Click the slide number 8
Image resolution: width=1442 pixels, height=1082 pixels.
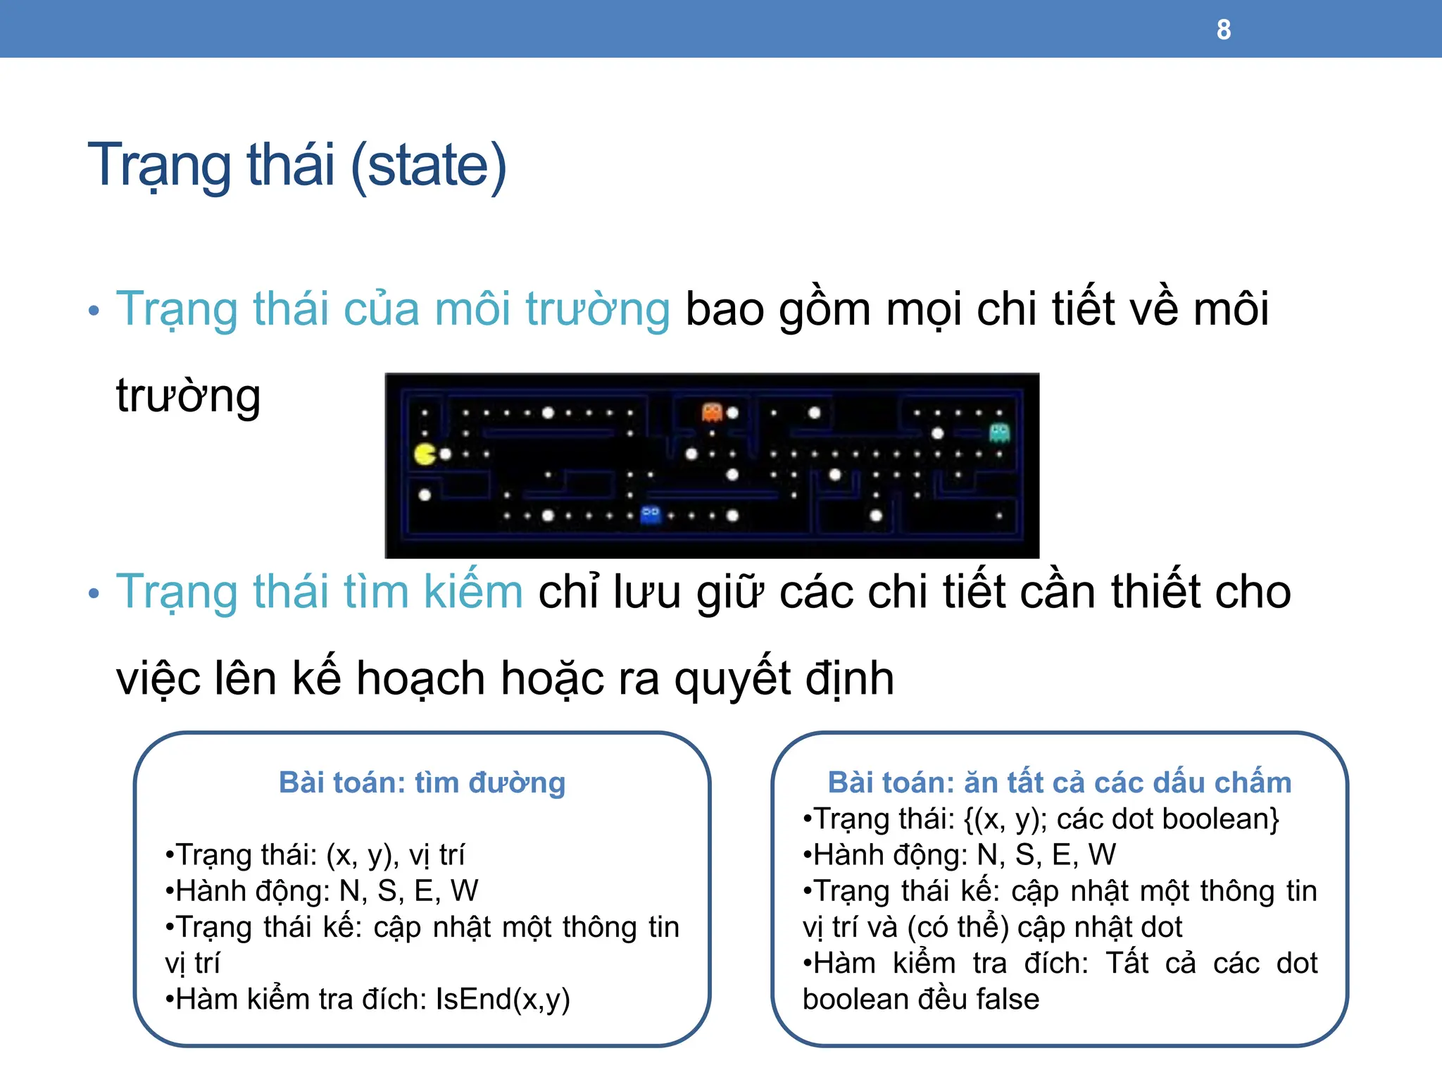pyautogui.click(x=1224, y=30)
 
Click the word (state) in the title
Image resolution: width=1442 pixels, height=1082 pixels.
pyautogui.click(x=428, y=166)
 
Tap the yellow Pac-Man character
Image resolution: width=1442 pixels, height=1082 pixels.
pyautogui.click(x=425, y=454)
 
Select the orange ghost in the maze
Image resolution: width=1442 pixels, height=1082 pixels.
pyautogui.click(x=712, y=411)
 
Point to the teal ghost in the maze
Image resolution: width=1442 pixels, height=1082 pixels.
pyautogui.click(x=999, y=432)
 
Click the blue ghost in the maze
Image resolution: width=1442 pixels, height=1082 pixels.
pyautogui.click(x=651, y=515)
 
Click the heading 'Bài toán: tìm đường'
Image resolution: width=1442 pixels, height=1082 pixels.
pyautogui.click(x=422, y=783)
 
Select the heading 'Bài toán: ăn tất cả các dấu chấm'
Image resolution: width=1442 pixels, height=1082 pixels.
pyautogui.click(x=1059, y=783)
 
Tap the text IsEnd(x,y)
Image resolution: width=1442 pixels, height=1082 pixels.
pyautogui.click(x=503, y=999)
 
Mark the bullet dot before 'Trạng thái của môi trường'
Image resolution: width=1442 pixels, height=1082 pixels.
pyautogui.click(x=94, y=311)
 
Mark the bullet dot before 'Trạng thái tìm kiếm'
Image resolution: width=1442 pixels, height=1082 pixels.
pyautogui.click(x=94, y=593)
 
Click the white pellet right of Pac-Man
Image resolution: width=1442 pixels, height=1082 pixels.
pyautogui.click(x=445, y=454)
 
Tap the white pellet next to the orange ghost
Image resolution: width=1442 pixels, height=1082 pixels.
pyautogui.click(x=732, y=413)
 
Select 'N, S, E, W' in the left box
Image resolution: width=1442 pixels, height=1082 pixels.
pyautogui.click(x=408, y=891)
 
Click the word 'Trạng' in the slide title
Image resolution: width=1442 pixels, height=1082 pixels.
pyautogui.click(x=159, y=166)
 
